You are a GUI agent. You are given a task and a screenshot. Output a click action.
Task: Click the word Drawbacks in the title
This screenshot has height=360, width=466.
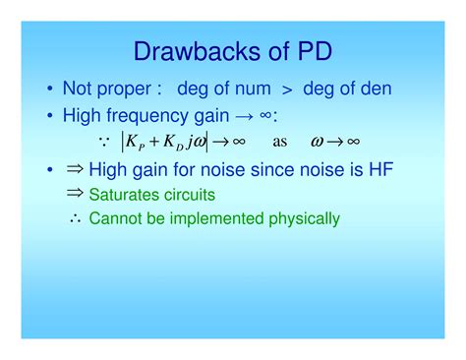tap(187, 51)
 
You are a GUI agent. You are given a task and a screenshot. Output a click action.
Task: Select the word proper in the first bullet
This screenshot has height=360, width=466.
tap(125, 90)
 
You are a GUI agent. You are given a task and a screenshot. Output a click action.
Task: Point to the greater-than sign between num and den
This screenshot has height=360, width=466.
tap(286, 90)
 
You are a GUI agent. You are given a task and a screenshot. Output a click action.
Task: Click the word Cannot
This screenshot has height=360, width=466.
tap(114, 218)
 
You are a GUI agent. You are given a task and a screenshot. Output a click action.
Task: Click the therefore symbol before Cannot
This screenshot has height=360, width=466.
tap(76, 218)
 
